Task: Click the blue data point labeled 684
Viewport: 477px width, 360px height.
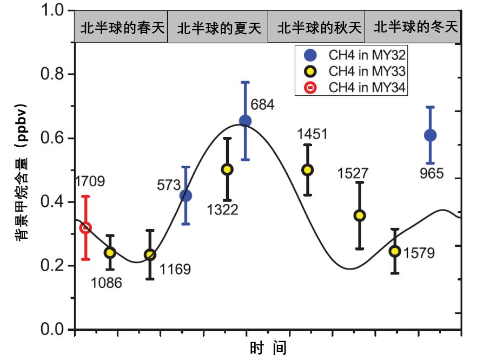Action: tap(245, 121)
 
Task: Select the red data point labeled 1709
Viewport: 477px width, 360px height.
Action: tap(85, 228)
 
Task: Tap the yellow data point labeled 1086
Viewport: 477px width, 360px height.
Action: tap(110, 252)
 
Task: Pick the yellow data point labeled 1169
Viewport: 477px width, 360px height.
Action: tap(150, 254)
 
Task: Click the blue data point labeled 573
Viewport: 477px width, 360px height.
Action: tap(186, 195)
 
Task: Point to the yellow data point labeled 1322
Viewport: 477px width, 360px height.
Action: tap(227, 169)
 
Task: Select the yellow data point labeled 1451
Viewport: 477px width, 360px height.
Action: tap(308, 169)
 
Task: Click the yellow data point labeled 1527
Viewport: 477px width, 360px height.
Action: tap(360, 215)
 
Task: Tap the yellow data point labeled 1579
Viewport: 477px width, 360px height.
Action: tap(395, 251)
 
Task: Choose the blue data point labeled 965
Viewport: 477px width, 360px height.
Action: tap(430, 135)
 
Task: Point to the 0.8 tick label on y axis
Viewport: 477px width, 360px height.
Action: tap(52, 74)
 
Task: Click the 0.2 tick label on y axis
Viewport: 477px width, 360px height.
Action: tap(52, 266)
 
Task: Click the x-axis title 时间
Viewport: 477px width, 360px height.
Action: tap(268, 347)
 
